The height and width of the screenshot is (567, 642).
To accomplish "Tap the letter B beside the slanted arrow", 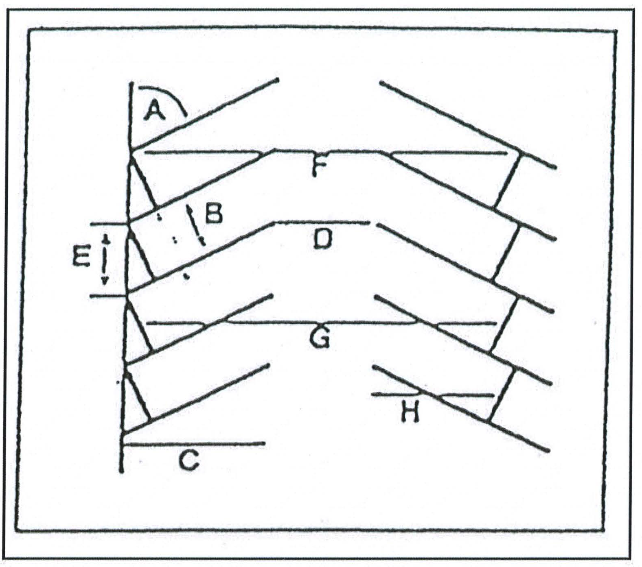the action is [214, 214].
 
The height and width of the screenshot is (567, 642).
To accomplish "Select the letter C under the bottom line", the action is [189, 461].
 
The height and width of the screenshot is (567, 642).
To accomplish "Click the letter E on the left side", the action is [81, 258].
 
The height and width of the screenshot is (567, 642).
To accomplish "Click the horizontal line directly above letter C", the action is [194, 444].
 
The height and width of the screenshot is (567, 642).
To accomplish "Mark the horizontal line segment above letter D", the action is [322, 222].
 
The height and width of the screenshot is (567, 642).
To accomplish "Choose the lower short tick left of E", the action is [108, 296].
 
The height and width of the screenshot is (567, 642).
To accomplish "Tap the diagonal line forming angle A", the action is [204, 114].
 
